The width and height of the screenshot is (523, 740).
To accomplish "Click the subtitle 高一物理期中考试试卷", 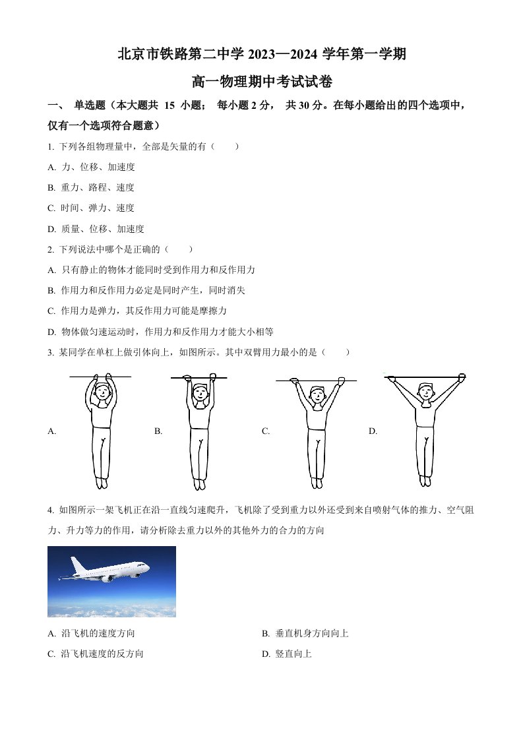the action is point(262,82).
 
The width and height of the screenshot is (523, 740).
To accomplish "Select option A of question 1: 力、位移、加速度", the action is point(92,167).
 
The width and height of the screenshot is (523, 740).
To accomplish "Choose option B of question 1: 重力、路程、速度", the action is point(91,187).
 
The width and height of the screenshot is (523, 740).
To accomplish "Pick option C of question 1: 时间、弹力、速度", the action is point(91,208).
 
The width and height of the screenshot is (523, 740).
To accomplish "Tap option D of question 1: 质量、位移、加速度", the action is point(96,229).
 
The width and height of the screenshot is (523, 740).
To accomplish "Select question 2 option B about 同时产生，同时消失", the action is point(146,290).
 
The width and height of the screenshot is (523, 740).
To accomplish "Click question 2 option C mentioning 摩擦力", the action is point(137,311).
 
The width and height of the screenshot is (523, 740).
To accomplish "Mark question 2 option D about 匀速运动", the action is point(160,332).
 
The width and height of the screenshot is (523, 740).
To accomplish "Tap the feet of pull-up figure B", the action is point(199,483).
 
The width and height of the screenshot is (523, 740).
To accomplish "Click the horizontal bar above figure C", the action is point(317,380).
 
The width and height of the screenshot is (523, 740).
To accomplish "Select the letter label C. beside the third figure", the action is point(266,431).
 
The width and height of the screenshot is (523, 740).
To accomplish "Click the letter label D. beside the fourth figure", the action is point(373,431).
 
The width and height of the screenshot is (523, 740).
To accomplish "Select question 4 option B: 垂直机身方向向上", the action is point(305,633).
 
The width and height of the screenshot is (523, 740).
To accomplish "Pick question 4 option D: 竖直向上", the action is point(287,654).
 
